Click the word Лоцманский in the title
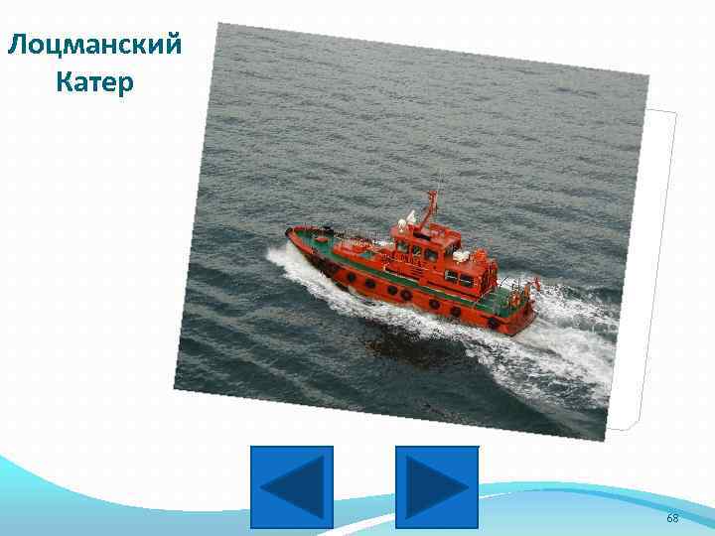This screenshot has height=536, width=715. pos(93,44)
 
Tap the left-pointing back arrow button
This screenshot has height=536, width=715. pos(291,486)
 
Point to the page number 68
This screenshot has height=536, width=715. pos(672,518)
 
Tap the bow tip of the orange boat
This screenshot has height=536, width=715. pos(289,233)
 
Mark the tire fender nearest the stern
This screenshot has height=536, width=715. pos(493,322)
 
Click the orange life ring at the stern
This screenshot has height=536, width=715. pos(515,299)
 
